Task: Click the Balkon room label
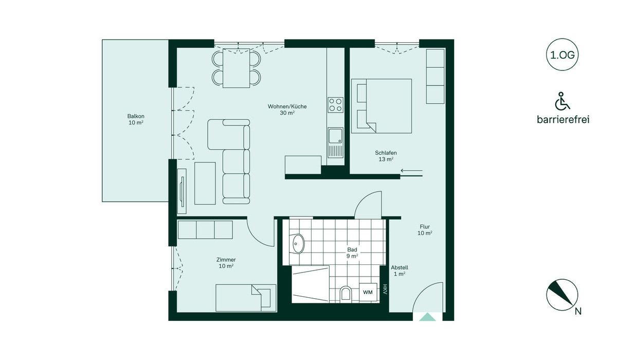click(136, 116)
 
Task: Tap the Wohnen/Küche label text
click(287, 106)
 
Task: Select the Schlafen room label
click(386, 153)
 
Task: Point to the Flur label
click(425, 227)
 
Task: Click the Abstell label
click(400, 267)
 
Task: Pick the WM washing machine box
click(368, 292)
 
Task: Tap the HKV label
click(385, 289)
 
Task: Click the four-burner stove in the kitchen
click(335, 105)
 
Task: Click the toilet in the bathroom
click(346, 294)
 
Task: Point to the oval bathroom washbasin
click(298, 243)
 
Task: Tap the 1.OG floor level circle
click(562, 55)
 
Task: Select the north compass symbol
click(562, 295)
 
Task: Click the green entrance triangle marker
click(427, 317)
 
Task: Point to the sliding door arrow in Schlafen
click(411, 171)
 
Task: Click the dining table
click(237, 68)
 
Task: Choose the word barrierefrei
click(563, 119)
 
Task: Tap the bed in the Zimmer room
click(246, 298)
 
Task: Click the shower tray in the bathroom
click(311, 284)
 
